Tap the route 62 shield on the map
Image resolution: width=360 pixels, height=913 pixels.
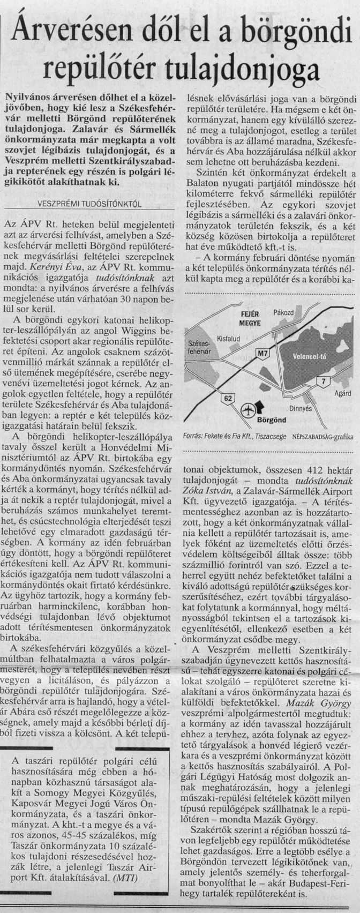click(228, 397)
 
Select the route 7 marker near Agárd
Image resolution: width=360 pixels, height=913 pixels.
click(322, 380)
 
